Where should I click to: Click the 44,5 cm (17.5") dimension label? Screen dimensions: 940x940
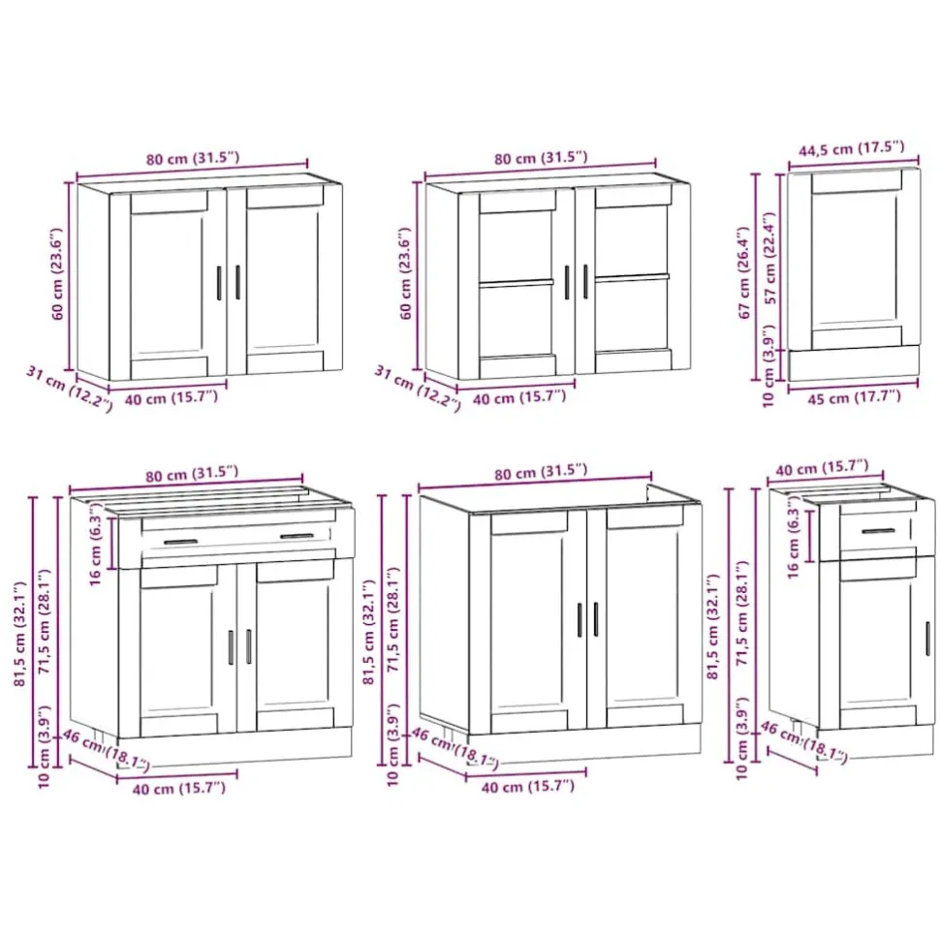pyautogui.click(x=851, y=147)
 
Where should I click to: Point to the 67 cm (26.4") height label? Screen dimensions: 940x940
pyautogui.click(x=744, y=272)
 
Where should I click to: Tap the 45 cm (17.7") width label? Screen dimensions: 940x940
pyautogui.click(x=854, y=397)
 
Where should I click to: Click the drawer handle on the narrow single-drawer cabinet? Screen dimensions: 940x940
pyautogui.click(x=878, y=531)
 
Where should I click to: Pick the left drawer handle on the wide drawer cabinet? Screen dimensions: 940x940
pyautogui.click(x=181, y=542)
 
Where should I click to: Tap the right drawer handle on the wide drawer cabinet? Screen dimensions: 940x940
pyautogui.click(x=297, y=536)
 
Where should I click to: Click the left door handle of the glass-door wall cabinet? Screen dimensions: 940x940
pyautogui.click(x=567, y=282)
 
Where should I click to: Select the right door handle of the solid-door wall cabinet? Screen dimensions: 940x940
pyautogui.click(x=238, y=282)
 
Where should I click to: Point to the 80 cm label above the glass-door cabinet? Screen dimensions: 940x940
pyautogui.click(x=541, y=158)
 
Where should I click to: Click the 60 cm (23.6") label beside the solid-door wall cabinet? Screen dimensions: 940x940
pyautogui.click(x=57, y=273)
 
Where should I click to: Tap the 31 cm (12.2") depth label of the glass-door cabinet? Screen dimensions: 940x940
pyautogui.click(x=418, y=389)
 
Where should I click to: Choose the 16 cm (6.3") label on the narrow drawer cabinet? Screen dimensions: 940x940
pyautogui.click(x=793, y=542)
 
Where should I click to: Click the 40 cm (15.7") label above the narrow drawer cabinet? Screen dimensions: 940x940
pyautogui.click(x=822, y=468)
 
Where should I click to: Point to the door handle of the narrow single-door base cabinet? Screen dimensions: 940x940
pyautogui.click(x=928, y=639)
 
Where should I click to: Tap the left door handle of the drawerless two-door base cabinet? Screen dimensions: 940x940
pyautogui.click(x=580, y=620)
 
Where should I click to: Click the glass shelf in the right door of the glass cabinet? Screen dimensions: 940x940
pyautogui.click(x=632, y=278)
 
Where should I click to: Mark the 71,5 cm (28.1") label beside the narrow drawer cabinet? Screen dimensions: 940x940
pyautogui.click(x=742, y=612)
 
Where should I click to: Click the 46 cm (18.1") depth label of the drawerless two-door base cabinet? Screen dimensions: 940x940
pyautogui.click(x=454, y=747)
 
